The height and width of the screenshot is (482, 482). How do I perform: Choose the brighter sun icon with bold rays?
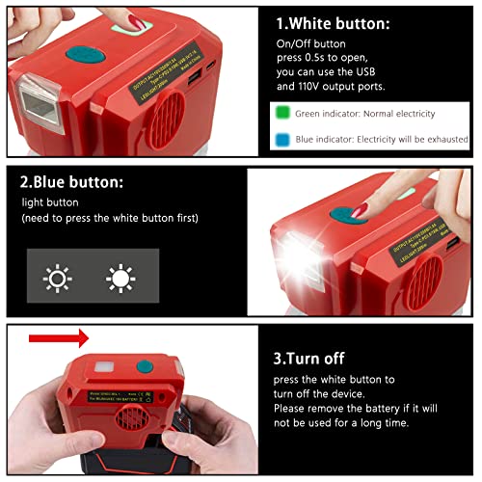[120, 280]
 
